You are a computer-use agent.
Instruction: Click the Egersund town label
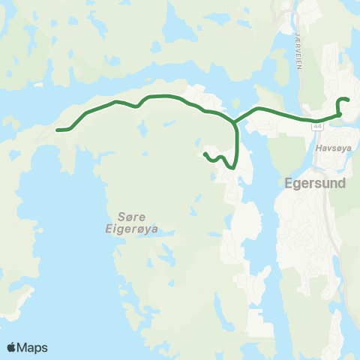(314, 181)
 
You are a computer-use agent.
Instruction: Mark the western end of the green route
(58, 130)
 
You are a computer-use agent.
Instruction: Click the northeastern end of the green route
(348, 100)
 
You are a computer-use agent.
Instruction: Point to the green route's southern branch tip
(205, 154)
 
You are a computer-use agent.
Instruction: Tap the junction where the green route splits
(235, 121)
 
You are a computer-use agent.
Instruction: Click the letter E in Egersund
(289, 181)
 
